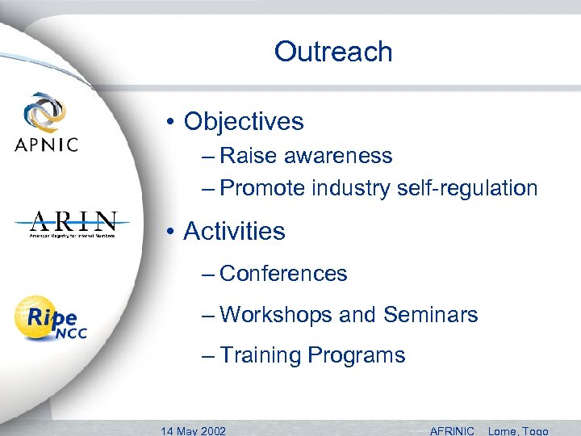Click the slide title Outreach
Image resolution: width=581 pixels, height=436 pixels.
[333, 52]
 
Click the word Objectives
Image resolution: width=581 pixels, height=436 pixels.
[244, 122]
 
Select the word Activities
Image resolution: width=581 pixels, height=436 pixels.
[234, 232]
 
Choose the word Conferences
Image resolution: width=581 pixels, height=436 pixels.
[283, 274]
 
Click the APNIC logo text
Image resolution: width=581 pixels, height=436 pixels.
[46, 145]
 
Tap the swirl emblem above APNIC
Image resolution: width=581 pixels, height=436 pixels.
[46, 111]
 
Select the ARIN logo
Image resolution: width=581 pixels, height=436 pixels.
[73, 224]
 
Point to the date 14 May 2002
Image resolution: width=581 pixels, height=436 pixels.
[194, 430]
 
